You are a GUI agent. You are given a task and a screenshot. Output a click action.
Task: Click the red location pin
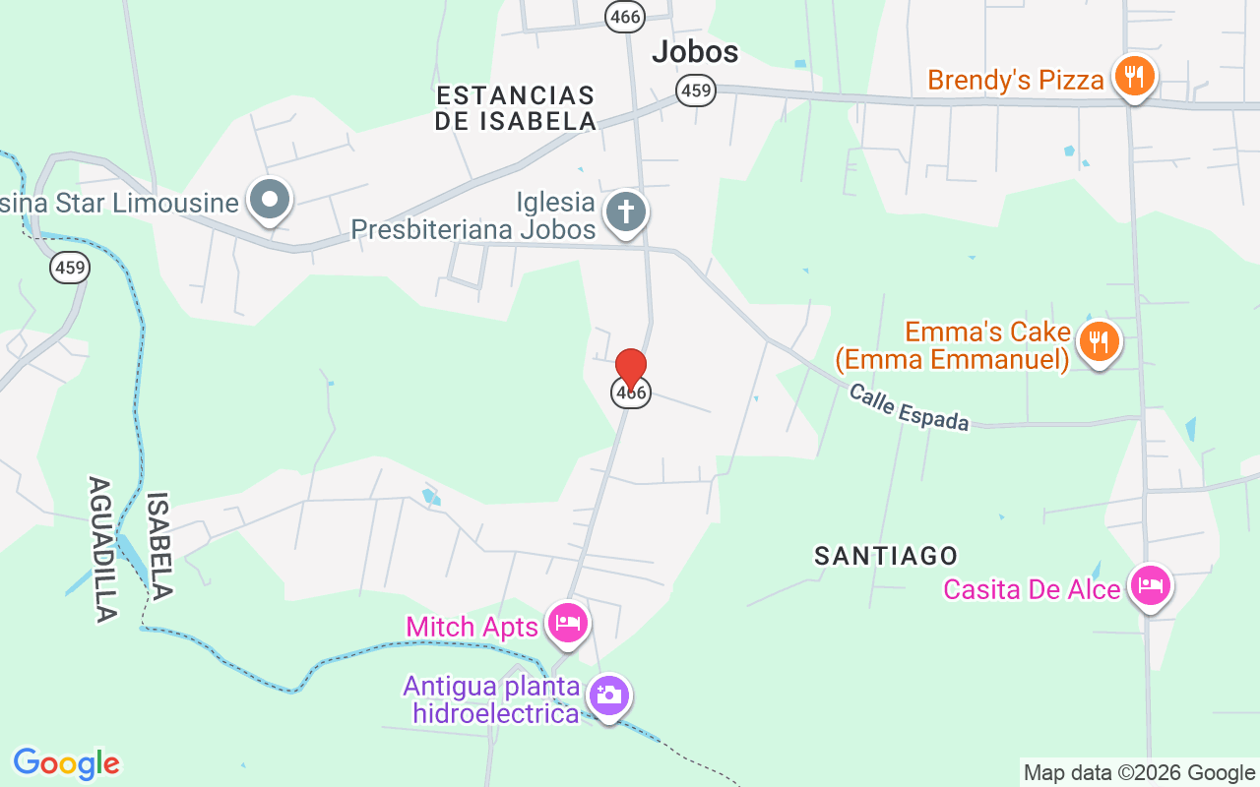(x=631, y=368)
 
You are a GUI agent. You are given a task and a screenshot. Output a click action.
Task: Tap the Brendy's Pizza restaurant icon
(x=1134, y=76)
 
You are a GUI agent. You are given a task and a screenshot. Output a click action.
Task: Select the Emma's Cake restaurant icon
(x=1099, y=341)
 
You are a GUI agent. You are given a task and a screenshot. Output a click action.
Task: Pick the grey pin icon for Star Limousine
(x=270, y=201)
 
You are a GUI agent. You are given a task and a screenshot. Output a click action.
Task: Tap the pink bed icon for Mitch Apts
(x=568, y=623)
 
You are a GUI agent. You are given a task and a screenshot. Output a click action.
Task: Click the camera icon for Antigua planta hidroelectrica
(x=609, y=696)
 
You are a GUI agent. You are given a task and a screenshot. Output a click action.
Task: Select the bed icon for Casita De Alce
(x=1150, y=585)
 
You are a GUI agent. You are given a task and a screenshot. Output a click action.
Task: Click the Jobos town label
(x=695, y=51)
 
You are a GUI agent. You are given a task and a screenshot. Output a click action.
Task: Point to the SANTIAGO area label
(x=886, y=556)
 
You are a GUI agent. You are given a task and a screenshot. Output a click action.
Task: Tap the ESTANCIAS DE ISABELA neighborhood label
(x=516, y=108)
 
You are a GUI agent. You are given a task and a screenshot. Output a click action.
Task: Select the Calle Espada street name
(x=909, y=407)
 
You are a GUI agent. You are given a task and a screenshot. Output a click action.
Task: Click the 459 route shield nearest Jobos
(x=696, y=91)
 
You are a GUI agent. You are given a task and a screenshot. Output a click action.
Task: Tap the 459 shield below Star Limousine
(x=71, y=267)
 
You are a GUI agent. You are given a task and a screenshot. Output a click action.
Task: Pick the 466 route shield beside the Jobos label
(x=625, y=16)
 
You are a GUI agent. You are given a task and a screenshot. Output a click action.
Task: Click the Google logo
(x=66, y=763)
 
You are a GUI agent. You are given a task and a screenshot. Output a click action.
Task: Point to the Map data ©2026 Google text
(x=1139, y=773)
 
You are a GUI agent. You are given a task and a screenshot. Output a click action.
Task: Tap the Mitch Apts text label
(x=472, y=627)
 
